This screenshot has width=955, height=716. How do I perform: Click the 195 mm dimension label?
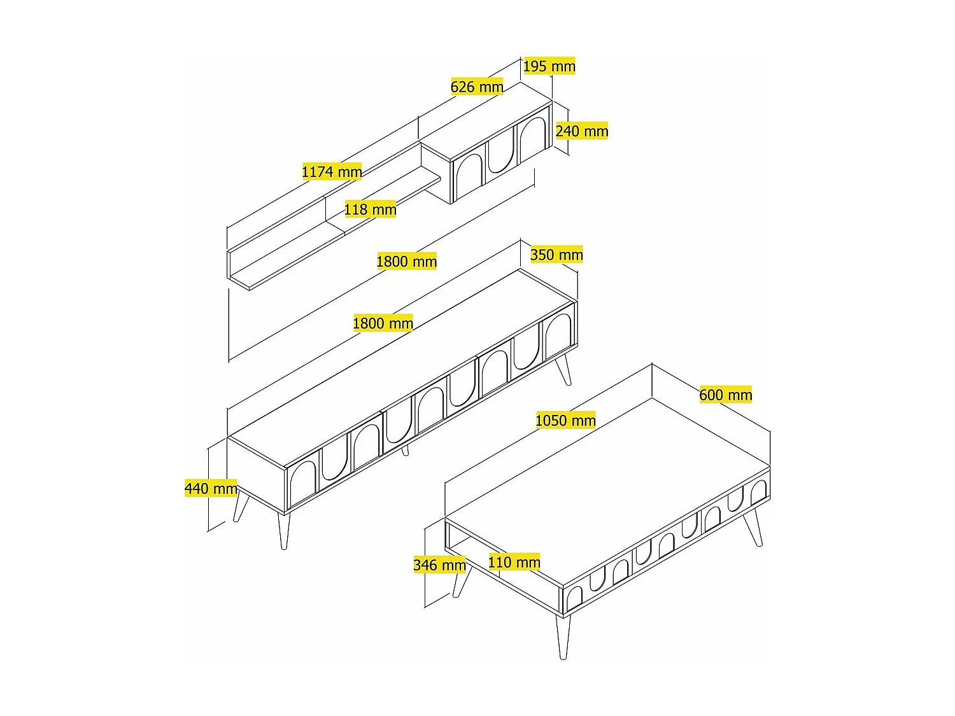(x=549, y=66)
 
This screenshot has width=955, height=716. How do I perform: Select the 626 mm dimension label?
(x=477, y=87)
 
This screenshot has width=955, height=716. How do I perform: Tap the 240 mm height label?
(x=582, y=130)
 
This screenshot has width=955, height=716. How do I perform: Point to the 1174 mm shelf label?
(x=332, y=171)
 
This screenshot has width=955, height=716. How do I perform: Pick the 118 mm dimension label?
(x=371, y=209)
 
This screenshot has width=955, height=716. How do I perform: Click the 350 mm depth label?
(x=556, y=255)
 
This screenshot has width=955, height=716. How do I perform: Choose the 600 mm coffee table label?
(x=726, y=395)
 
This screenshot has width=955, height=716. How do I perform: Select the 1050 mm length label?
(x=565, y=421)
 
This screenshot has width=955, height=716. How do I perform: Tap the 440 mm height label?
(x=211, y=488)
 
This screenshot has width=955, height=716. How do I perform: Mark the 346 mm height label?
(x=439, y=565)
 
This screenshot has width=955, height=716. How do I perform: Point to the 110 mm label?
(x=514, y=562)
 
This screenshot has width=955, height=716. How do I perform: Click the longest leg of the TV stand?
(x=284, y=531)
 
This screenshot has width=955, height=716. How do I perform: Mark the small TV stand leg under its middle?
(x=406, y=451)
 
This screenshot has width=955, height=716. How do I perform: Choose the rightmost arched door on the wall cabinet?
(x=532, y=136)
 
